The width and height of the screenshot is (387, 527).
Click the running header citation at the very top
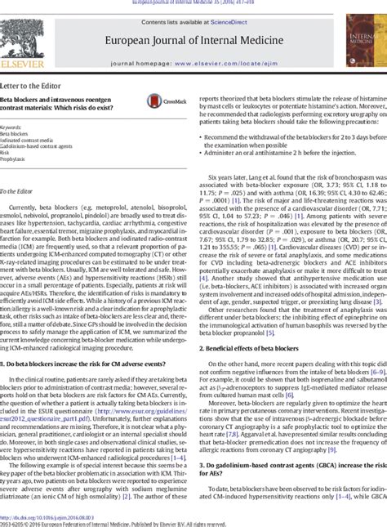point(193,3)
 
